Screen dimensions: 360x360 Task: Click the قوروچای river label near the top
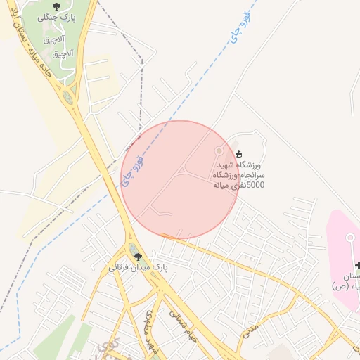click(x=237, y=33)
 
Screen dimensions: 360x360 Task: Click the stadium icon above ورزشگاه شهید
click(x=238, y=155)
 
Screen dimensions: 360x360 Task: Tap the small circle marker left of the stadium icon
click(x=219, y=150)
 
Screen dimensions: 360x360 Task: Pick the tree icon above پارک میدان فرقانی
click(x=138, y=257)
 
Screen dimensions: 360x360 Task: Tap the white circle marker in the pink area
click(x=349, y=238)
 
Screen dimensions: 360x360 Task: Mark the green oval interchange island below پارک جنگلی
click(x=67, y=97)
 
